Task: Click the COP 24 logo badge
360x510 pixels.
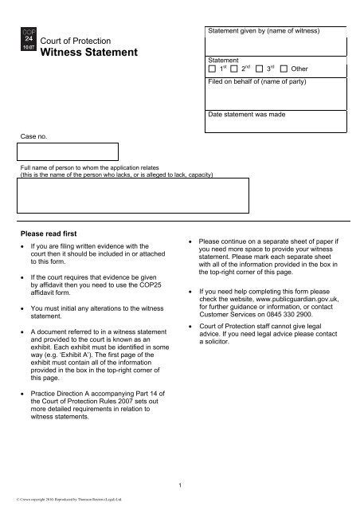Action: [x=25, y=39]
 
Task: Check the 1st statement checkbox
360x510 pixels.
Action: [x=211, y=69]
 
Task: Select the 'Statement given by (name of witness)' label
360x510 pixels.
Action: [x=263, y=30]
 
